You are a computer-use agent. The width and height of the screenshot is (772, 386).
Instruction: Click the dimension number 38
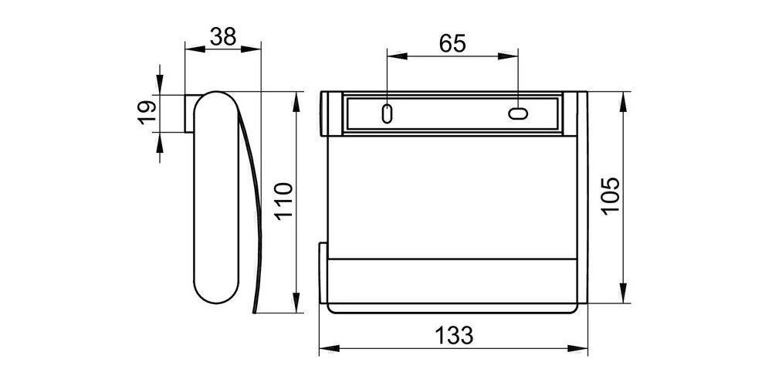pyautogui.click(x=222, y=36)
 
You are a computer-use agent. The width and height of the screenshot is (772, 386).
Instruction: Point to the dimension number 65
pyautogui.click(x=452, y=43)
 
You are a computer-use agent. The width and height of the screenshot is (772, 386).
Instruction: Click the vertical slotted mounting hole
pyautogui.click(x=387, y=113)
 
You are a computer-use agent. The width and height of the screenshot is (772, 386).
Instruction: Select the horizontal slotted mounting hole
pyautogui.click(x=518, y=114)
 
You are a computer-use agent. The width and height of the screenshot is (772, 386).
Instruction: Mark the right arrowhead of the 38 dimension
pyautogui.click(x=255, y=49)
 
